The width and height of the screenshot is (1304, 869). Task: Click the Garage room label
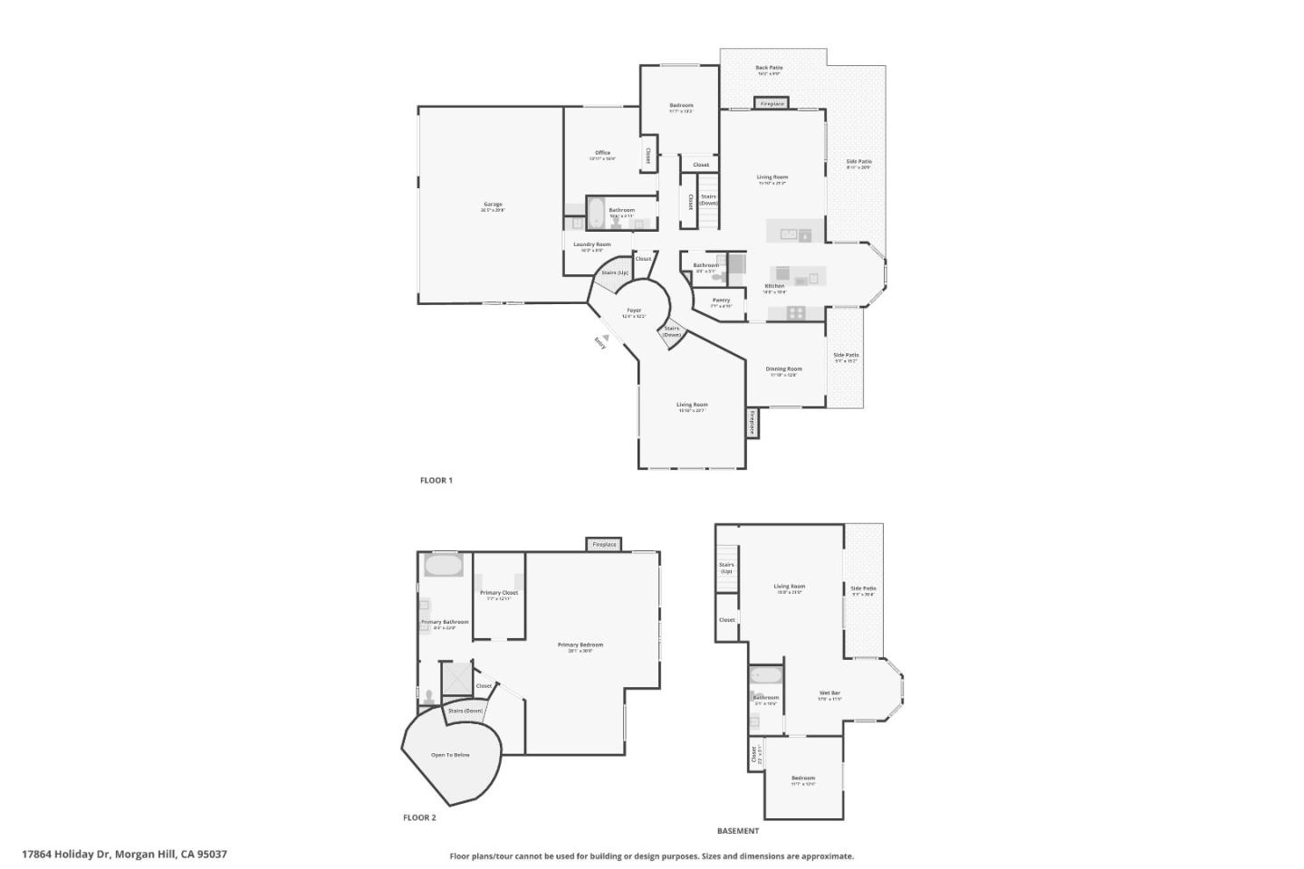point(493,205)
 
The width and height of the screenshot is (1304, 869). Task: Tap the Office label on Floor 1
point(602,153)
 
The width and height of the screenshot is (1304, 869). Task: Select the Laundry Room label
point(592,244)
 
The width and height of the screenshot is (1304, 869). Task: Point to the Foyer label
point(634,310)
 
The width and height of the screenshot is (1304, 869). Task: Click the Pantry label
point(721,301)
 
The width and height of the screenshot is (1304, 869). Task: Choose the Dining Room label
point(783,369)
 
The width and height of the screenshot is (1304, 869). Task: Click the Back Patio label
point(769,68)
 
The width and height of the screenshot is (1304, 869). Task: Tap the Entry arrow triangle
point(606,337)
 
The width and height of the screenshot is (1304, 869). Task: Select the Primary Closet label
point(499,593)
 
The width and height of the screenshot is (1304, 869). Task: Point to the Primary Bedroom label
point(580,645)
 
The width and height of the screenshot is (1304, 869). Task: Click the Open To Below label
point(450,755)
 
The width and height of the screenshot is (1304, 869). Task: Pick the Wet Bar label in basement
point(830,693)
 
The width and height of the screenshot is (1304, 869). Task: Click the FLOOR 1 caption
point(436,481)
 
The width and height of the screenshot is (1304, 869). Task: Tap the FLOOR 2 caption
point(419,817)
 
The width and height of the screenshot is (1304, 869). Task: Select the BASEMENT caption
point(738,831)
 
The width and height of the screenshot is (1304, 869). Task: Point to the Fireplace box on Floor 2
point(604,545)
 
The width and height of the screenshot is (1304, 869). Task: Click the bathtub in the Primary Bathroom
point(444,566)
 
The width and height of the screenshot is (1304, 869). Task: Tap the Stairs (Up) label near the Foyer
point(615,272)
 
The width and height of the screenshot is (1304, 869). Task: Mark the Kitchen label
point(774,286)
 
